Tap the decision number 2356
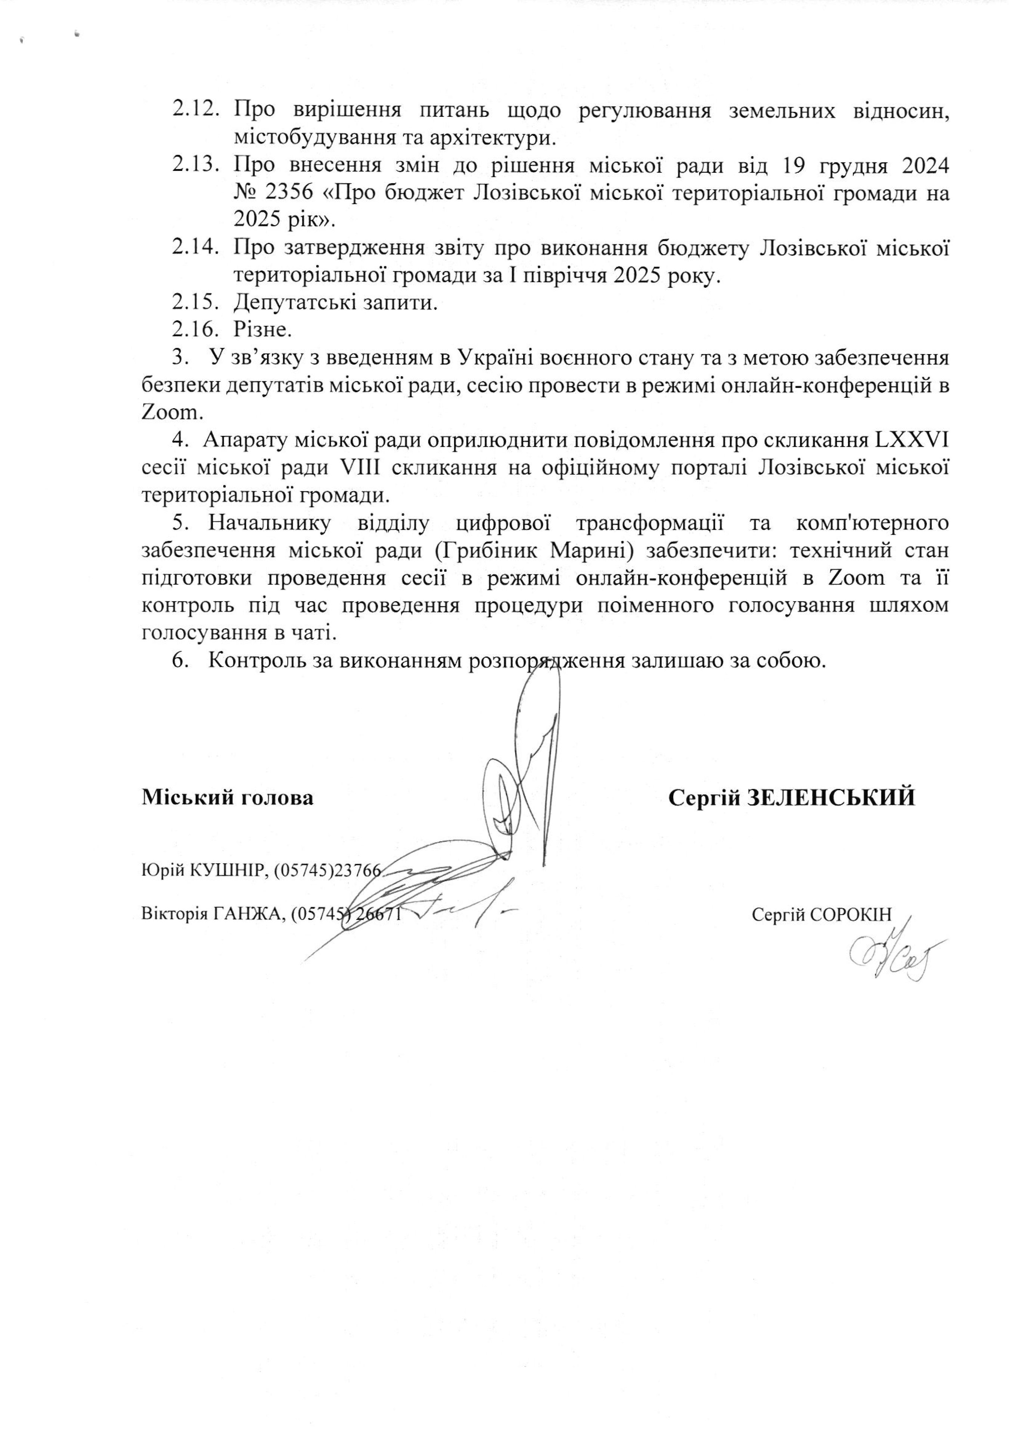[x=288, y=193]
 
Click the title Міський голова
[x=228, y=797]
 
